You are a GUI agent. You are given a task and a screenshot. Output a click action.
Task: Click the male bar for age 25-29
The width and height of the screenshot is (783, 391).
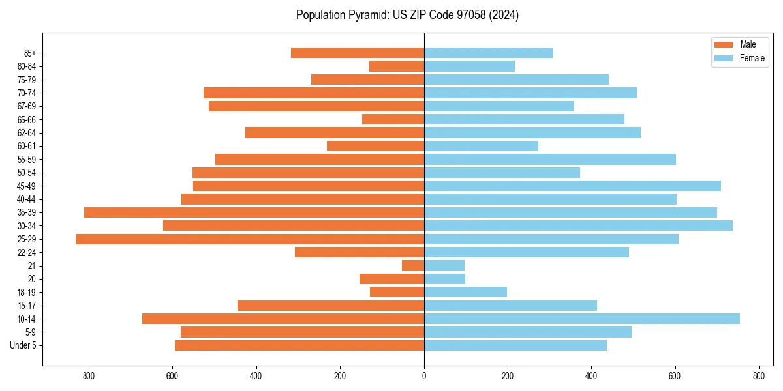pos(250,239)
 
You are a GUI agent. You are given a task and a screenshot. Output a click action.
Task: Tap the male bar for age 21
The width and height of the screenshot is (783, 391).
pos(413,266)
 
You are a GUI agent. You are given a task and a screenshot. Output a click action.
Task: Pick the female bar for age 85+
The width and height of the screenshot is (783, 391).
pos(489,53)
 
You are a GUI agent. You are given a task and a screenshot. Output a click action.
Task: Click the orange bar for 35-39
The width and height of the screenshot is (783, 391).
pos(254,212)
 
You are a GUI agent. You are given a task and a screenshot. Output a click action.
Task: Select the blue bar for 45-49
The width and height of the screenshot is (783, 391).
pos(572,186)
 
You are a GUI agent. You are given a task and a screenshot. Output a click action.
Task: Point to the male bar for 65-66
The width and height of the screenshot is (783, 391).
pos(393,119)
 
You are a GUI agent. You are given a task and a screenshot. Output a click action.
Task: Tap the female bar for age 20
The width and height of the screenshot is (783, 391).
pos(444,279)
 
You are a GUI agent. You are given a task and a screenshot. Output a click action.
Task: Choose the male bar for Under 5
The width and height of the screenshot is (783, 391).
pos(299,345)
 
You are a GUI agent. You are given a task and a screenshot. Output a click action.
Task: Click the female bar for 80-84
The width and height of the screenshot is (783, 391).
pos(469,66)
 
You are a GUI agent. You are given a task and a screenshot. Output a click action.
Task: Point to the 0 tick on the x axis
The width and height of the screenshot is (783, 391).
pos(424,376)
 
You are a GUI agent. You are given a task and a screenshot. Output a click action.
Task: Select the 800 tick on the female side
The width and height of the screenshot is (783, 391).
pos(758,376)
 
